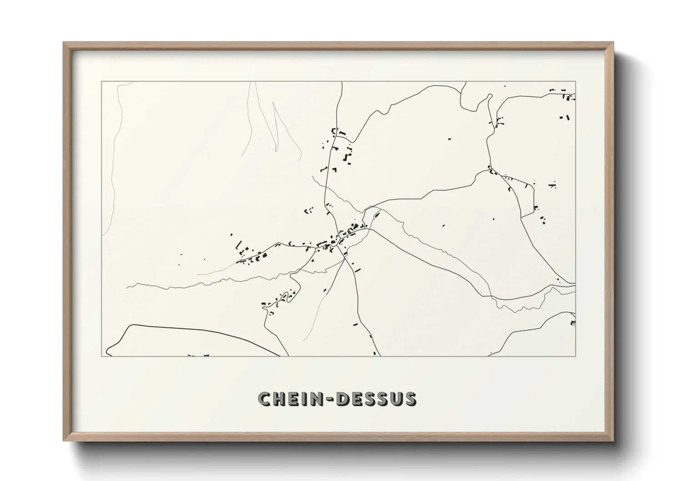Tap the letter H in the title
(281, 399)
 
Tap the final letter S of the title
(409, 399)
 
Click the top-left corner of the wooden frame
(64, 43)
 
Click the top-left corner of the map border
(101, 82)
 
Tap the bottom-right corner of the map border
(576, 356)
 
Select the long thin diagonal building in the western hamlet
(238, 246)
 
